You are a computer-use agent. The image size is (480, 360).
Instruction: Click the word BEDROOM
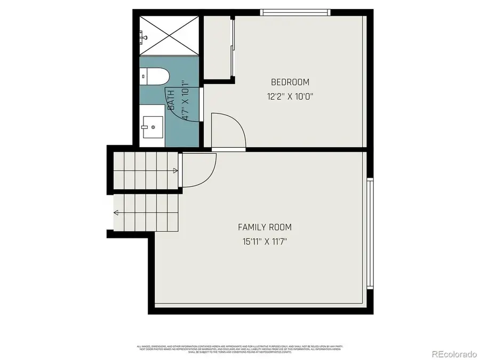click(290, 82)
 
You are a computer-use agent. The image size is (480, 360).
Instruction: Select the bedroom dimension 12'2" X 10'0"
click(290, 97)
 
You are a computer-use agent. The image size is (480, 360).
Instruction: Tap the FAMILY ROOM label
click(265, 227)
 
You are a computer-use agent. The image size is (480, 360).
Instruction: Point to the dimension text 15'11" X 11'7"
click(265, 241)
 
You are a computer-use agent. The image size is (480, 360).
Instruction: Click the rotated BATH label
click(171, 100)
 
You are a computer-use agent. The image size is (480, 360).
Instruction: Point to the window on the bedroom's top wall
click(295, 12)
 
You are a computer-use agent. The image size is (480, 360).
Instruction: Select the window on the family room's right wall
click(370, 233)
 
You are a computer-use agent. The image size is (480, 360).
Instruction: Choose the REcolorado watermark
click(454, 353)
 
